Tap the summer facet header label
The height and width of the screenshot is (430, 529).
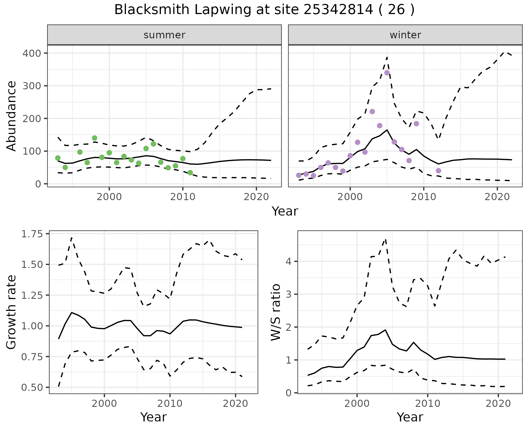[164, 35]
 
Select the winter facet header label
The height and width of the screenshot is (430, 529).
[405, 35]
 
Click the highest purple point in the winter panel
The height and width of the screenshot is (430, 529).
[387, 73]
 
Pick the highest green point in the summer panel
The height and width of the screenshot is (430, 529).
[95, 138]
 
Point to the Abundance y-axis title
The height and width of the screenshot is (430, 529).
[12, 116]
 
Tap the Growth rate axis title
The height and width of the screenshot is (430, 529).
[12, 312]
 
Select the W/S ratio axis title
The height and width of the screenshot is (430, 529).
[276, 312]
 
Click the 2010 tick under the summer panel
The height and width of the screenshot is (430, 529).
[183, 197]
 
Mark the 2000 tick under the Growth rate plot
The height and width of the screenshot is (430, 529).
[104, 404]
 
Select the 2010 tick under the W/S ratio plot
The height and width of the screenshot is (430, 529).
[428, 404]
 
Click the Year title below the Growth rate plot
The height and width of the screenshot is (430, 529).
[153, 417]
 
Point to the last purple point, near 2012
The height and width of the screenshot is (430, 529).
[438, 171]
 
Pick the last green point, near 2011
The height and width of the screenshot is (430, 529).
[190, 173]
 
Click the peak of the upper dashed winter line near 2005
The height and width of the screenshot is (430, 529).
[387, 57]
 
